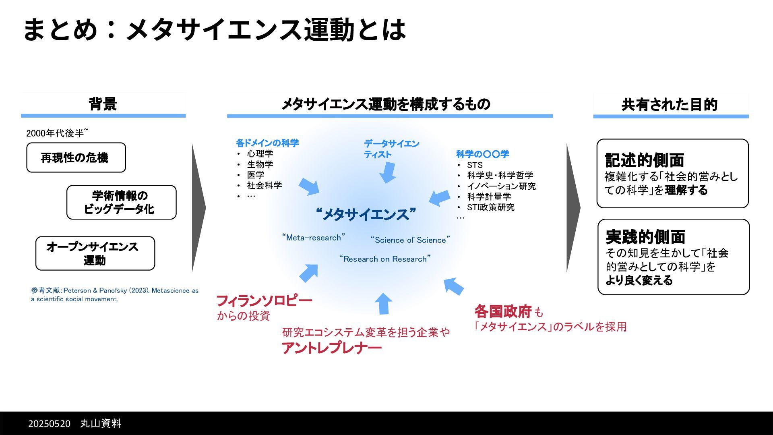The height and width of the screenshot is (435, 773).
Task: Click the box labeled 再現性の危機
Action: [x=76, y=157]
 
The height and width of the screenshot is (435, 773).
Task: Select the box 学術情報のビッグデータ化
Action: [x=121, y=202]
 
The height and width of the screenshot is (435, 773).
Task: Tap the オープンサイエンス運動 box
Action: [x=95, y=253]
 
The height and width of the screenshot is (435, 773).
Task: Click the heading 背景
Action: [x=103, y=104]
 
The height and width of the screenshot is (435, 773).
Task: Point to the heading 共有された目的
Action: [x=670, y=105]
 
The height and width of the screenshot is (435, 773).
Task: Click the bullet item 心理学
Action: [x=260, y=154]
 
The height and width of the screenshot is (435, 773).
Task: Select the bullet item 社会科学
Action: [x=265, y=185]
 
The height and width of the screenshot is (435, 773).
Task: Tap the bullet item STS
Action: [x=475, y=165]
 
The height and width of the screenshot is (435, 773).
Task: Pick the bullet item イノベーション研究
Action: [x=501, y=186]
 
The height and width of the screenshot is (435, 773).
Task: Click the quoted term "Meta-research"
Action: [x=314, y=238]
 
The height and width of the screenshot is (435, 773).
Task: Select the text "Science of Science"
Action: [x=410, y=240]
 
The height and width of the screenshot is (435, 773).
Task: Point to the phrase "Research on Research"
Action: [x=385, y=259]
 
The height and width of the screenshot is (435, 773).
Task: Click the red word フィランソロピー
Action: [x=264, y=301]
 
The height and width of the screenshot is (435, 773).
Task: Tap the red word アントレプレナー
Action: [x=331, y=348]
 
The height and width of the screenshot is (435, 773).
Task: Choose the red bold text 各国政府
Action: [x=503, y=311]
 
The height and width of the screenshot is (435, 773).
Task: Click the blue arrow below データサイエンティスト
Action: [x=388, y=172]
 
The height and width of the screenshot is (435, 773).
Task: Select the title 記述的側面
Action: [x=644, y=160]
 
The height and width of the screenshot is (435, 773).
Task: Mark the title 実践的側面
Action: [x=645, y=237]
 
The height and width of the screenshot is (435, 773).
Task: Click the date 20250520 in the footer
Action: [x=49, y=424]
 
